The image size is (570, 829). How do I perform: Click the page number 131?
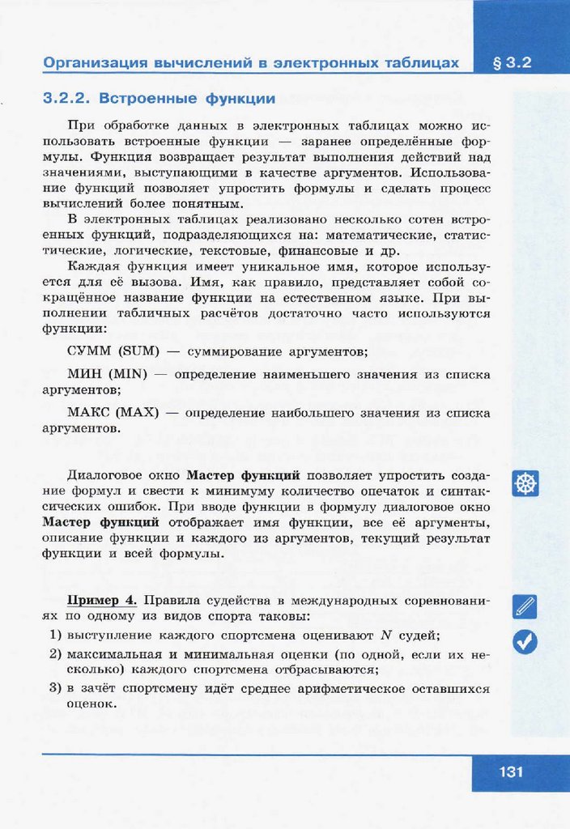(511, 772)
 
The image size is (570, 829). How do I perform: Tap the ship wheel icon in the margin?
(525, 484)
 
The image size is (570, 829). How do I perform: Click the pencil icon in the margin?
(525, 606)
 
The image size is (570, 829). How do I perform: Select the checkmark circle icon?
(525, 641)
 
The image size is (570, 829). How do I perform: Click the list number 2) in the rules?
(56, 653)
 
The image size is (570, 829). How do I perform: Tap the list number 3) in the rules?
(56, 688)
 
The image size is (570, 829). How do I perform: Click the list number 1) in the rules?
(56, 635)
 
